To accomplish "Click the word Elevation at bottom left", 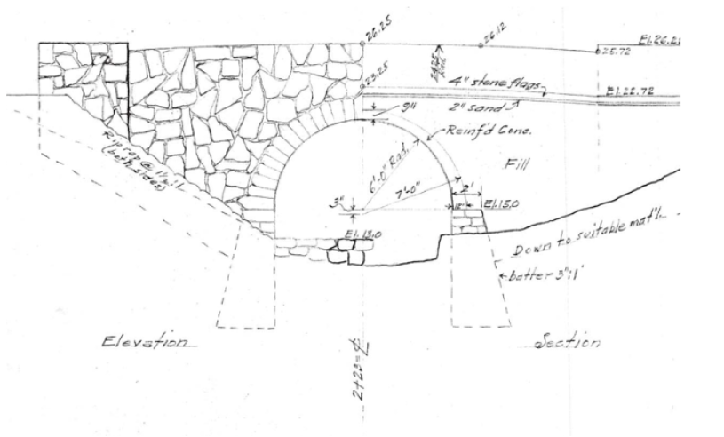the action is pos(147,342).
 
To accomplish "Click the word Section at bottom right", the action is pos(569,342).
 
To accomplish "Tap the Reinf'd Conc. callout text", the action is pos(470,131).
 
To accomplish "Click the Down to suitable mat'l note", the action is pos(586,233).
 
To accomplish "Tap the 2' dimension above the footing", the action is pos(467,189).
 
